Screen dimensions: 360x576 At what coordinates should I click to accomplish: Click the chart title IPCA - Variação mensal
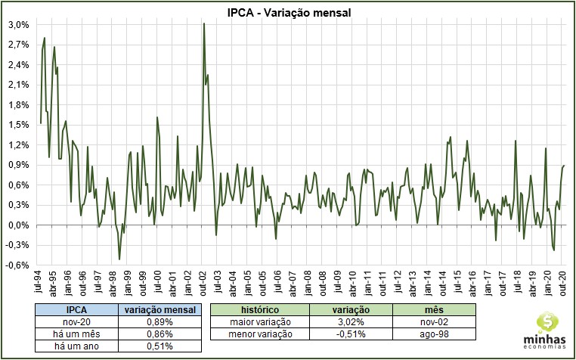[288, 11]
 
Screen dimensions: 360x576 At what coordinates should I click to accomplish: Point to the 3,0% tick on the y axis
[19, 24]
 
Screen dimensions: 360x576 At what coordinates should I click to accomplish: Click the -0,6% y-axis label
[18, 265]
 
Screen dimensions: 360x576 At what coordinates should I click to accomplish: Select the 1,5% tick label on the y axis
[19, 125]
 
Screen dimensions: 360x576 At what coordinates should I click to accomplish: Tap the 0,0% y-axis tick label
[19, 225]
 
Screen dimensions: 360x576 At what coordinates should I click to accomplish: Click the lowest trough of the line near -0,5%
[119, 259]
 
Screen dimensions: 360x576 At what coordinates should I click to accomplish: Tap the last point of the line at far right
[564, 166]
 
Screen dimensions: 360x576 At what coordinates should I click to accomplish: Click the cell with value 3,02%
[351, 322]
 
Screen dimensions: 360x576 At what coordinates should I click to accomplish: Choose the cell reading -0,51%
[351, 334]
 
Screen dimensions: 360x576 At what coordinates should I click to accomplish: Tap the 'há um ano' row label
[79, 346]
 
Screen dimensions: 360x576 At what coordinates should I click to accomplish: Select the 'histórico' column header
[259, 310]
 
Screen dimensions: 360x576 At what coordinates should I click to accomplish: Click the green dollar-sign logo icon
[546, 322]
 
